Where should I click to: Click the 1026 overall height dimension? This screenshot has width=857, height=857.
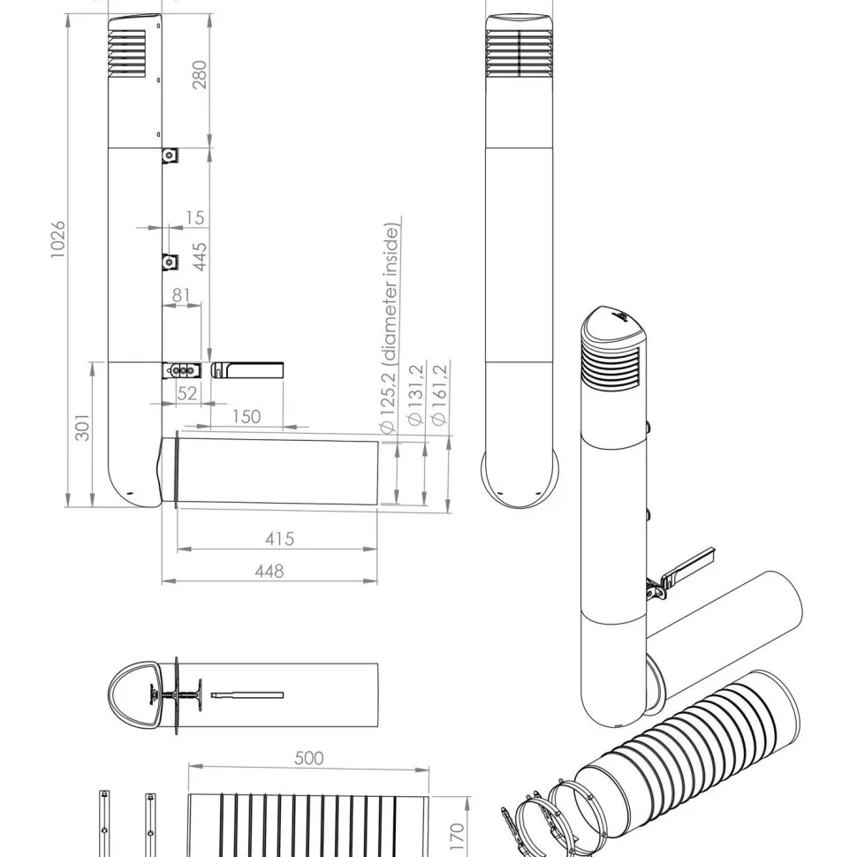pos(57,240)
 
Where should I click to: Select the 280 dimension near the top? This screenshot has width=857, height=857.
pos(200,74)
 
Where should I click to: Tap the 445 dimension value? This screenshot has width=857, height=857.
pos(200,257)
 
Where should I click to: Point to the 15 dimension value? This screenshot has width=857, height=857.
pos(194,217)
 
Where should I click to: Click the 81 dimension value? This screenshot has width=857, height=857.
pos(181,295)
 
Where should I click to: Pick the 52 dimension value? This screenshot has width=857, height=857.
pos(187,393)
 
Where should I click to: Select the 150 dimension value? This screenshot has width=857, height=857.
pos(246,417)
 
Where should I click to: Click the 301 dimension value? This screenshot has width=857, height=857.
pos(82,427)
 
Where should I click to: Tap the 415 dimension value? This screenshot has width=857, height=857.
pos(280,539)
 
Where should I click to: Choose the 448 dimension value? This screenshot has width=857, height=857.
pos(269,571)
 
